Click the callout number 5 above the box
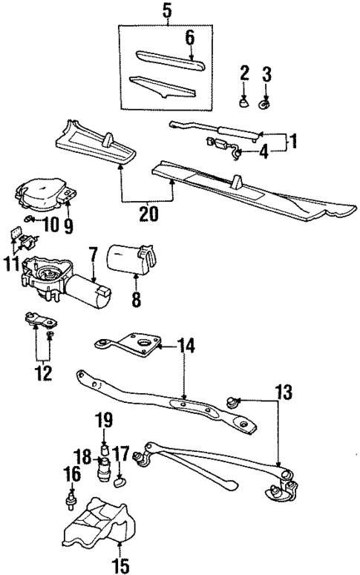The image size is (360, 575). (168, 12)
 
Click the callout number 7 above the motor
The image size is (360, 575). (94, 254)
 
